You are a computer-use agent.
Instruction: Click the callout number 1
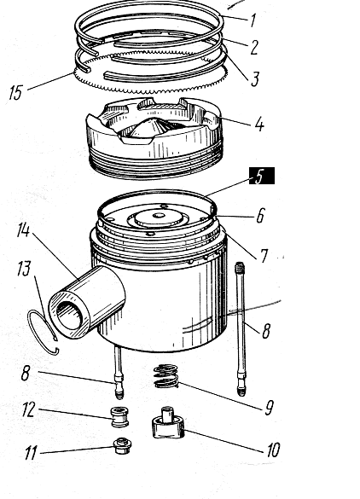click(253, 20)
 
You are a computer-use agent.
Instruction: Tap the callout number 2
click(254, 47)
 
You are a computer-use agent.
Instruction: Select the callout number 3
click(255, 78)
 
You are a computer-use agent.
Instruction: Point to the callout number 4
click(259, 124)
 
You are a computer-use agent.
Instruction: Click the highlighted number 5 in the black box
click(261, 176)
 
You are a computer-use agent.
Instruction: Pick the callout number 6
click(260, 216)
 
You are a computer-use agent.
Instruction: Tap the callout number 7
click(264, 256)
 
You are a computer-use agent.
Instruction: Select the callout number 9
click(270, 408)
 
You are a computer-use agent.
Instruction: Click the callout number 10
click(273, 450)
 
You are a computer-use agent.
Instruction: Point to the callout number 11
click(31, 453)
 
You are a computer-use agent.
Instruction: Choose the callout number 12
click(28, 409)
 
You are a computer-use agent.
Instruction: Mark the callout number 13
click(24, 269)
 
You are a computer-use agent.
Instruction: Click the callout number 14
click(24, 229)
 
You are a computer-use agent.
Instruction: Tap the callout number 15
click(16, 92)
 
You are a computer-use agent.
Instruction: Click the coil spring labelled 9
click(165, 376)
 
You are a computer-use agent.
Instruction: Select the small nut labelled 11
click(121, 446)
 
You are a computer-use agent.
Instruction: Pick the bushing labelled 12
click(119, 416)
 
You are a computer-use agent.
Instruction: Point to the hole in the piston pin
click(69, 315)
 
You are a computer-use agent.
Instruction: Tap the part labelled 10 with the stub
click(168, 423)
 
